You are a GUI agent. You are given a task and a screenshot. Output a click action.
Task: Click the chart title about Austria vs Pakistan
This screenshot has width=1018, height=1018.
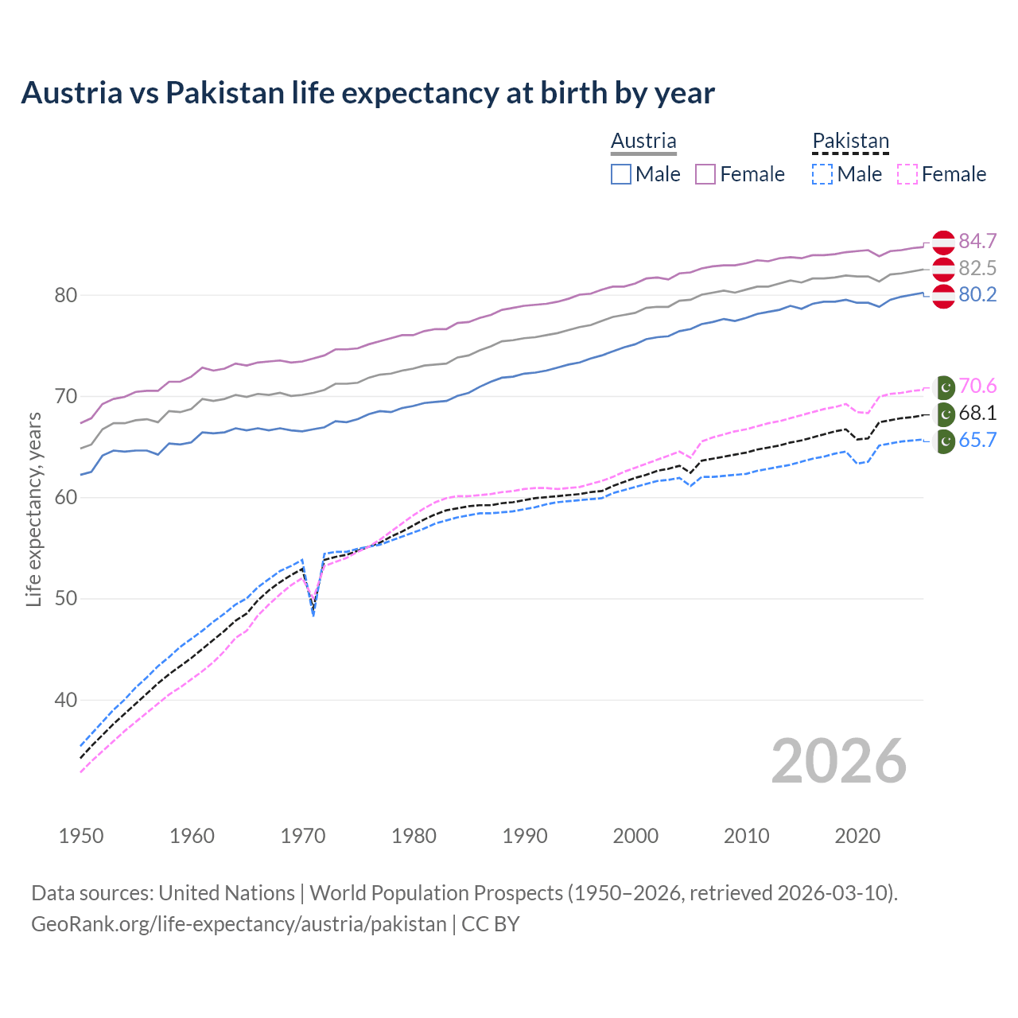tap(367, 93)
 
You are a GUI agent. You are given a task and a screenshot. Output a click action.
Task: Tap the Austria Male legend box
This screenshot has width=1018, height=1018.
tap(621, 174)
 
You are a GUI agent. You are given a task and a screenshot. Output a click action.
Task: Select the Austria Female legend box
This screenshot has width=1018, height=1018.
tap(705, 174)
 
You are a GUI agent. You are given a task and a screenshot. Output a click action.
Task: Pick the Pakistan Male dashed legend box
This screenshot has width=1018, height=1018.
tap(822, 174)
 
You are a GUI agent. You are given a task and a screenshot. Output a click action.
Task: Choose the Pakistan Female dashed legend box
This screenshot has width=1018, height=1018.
tap(907, 174)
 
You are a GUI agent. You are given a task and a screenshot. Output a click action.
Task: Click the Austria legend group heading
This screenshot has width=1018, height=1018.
tap(643, 141)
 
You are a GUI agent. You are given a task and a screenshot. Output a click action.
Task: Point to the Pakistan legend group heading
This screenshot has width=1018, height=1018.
tap(850, 141)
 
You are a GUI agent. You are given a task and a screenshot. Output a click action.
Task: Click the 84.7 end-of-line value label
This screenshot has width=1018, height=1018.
tap(977, 241)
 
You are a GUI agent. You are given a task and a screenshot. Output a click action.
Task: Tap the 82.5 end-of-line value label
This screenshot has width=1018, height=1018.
tap(977, 268)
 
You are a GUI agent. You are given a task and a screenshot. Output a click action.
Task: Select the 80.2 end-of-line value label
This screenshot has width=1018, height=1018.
tap(977, 295)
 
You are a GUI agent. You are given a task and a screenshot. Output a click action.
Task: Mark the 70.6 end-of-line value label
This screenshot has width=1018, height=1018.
tap(977, 387)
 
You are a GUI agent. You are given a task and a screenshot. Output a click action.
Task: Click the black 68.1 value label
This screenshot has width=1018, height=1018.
tap(977, 414)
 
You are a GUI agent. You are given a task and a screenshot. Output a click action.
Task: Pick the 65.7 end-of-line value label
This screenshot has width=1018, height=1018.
tap(977, 441)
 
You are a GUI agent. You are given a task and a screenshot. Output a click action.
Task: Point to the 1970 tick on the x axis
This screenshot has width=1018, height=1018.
tap(303, 836)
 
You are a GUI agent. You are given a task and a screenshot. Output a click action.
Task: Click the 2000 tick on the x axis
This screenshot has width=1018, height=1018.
tap(635, 836)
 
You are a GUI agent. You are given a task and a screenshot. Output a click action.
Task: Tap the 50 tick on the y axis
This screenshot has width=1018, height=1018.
tap(65, 599)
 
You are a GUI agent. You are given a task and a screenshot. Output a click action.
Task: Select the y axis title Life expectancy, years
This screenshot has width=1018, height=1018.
tap(34, 509)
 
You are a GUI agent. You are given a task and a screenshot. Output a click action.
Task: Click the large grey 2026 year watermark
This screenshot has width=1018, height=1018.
tap(838, 761)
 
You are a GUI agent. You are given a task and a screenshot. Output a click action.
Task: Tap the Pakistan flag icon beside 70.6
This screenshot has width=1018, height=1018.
tap(944, 387)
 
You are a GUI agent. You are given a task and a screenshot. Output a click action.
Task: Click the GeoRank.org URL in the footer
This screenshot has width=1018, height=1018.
tap(239, 924)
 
